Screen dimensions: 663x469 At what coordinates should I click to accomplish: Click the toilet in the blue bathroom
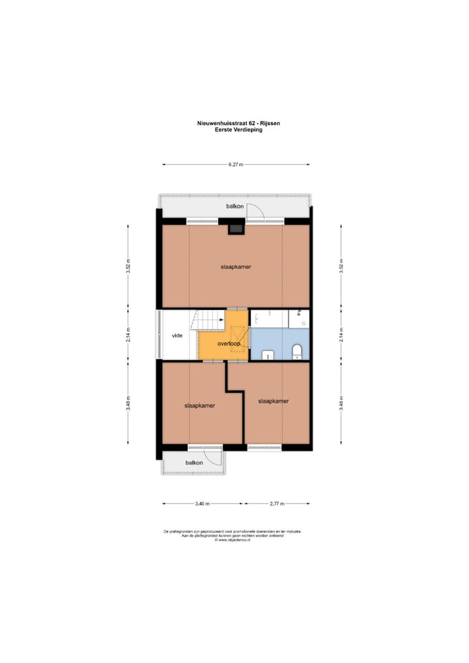[297, 352]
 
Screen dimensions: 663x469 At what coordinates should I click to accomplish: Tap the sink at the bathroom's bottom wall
[268, 355]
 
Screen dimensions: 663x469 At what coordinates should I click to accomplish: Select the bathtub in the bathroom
[269, 319]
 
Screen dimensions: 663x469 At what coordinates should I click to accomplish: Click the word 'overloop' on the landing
[229, 343]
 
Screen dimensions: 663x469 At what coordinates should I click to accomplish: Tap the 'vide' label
[177, 336]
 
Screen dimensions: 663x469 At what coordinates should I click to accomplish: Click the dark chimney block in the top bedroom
[234, 228]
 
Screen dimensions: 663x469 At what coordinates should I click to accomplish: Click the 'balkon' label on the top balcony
[234, 206]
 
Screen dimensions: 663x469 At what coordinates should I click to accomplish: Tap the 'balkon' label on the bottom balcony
[193, 462]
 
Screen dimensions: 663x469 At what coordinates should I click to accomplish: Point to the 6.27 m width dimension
[236, 165]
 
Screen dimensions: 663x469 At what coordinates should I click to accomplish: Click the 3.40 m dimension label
[202, 503]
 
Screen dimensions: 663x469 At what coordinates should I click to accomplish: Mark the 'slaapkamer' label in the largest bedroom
[236, 266]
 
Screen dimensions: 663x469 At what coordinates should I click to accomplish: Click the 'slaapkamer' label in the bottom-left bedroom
[199, 405]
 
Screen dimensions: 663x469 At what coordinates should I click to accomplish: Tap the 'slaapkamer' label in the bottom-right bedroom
[274, 401]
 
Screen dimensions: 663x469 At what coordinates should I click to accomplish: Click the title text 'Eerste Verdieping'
[234, 129]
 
